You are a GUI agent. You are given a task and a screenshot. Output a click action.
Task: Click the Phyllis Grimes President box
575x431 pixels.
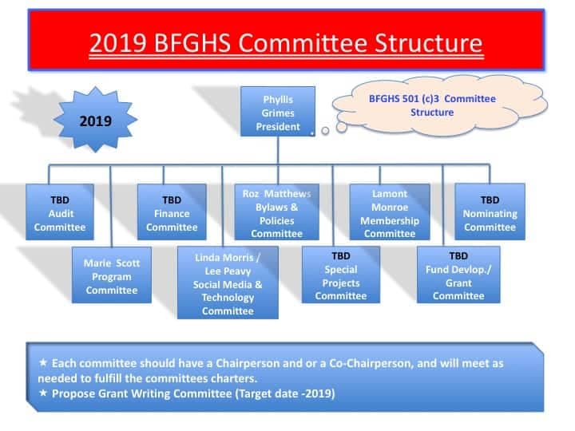278,112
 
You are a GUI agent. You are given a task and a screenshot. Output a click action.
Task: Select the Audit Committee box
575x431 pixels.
60,212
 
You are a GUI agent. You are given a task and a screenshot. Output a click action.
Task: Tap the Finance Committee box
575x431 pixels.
172,212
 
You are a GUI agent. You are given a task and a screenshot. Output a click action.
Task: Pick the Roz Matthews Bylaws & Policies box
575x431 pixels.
277,212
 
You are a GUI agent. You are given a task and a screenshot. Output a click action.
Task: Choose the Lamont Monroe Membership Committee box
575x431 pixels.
390,212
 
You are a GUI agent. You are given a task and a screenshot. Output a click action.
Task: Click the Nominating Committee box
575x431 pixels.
490,212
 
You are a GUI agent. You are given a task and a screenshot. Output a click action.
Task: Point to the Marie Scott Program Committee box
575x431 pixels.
112,275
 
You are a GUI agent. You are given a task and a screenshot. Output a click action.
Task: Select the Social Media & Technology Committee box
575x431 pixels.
228,283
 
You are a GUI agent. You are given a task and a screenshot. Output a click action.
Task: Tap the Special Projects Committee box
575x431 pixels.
341,275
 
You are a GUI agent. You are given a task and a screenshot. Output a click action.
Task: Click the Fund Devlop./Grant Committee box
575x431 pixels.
458,275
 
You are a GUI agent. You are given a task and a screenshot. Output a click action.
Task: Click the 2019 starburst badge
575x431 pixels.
95,120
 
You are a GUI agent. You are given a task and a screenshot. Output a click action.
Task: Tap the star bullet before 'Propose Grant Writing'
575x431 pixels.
43,393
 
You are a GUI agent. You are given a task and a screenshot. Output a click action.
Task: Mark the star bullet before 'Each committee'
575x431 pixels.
43,363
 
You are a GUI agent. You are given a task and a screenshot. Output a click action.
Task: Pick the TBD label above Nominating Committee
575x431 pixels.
490,200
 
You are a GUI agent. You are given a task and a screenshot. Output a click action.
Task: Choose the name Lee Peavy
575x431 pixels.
228,271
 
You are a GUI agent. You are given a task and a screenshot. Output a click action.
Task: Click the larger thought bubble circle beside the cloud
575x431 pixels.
342,127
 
